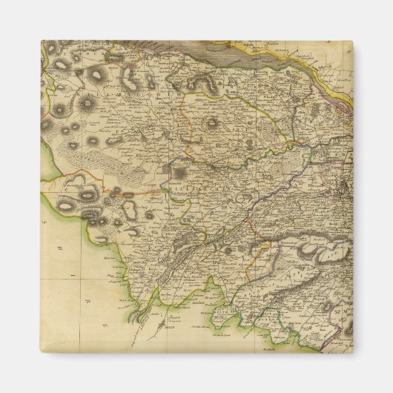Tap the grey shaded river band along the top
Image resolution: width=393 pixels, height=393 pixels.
[245, 50]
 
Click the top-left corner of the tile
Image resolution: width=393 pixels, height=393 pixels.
[42, 42]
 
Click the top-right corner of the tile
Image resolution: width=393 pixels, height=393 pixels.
[352, 42]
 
